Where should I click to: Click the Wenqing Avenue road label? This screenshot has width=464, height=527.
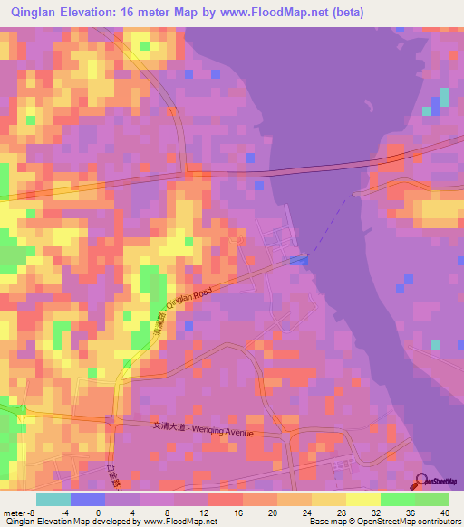225,430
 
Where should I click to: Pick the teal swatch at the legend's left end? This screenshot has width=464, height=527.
53,498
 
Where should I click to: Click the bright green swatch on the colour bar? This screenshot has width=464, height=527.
397,498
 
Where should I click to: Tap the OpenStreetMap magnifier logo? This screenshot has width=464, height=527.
423,483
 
